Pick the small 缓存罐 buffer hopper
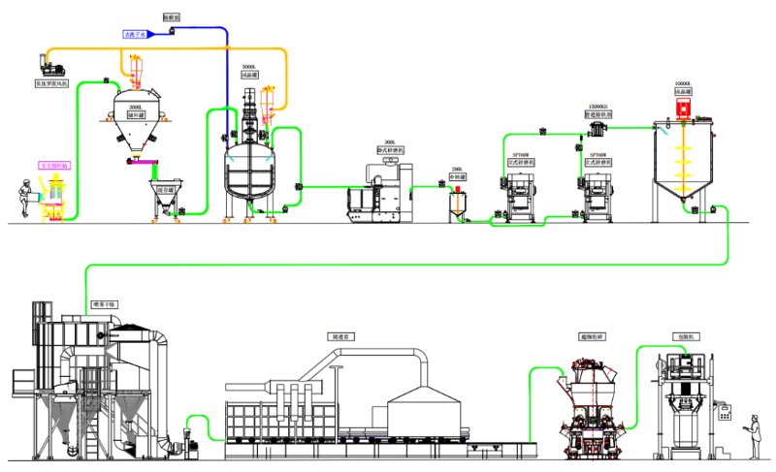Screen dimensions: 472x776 click(x=166, y=193)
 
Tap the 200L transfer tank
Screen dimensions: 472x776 click(x=457, y=203)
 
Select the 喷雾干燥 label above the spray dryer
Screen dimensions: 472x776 click(x=103, y=305)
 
